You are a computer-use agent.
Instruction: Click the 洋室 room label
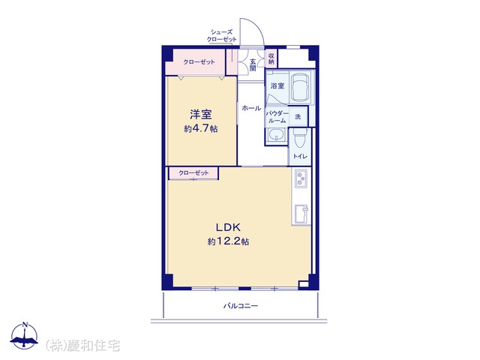click(x=201, y=115)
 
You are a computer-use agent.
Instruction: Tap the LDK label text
click(x=228, y=227)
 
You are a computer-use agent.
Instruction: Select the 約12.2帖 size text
click(x=228, y=241)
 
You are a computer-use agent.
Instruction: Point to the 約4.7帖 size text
click(x=201, y=128)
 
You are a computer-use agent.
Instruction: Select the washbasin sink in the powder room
click(x=276, y=135)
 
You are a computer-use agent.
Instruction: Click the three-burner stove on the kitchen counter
click(x=300, y=178)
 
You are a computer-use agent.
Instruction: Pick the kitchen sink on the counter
click(x=301, y=214)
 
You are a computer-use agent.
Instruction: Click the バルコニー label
click(x=241, y=306)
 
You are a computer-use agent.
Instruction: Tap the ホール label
click(x=251, y=108)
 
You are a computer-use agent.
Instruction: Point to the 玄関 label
click(x=253, y=65)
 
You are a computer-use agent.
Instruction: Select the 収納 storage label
click(x=271, y=58)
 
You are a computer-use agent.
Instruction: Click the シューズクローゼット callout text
click(x=222, y=35)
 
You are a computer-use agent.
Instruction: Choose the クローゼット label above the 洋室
click(x=199, y=61)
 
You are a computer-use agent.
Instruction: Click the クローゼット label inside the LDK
click(x=193, y=173)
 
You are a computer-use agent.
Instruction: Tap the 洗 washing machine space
click(x=298, y=117)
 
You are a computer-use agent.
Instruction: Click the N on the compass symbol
click(x=25, y=325)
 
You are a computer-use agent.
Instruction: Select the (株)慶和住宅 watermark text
click(x=82, y=346)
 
